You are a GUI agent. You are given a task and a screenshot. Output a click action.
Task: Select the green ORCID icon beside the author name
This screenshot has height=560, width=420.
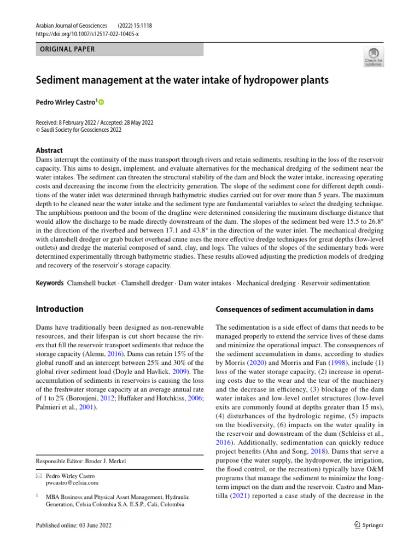point(101,102)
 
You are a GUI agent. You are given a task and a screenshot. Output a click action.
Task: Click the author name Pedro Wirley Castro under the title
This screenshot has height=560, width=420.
point(66,102)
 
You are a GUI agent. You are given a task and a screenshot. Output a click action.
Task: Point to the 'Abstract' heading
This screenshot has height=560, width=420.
point(49,150)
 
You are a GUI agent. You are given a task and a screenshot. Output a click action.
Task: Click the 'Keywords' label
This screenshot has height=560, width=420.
point(50,283)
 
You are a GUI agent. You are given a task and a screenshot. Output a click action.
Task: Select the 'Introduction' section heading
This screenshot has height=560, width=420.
point(60,309)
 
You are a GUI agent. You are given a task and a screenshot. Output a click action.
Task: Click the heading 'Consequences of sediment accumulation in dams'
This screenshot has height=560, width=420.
point(294,310)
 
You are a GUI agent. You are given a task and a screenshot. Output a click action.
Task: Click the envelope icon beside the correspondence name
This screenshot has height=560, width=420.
point(39,476)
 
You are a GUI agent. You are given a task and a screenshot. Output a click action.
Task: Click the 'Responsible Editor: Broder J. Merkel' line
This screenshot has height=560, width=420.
point(81,461)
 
